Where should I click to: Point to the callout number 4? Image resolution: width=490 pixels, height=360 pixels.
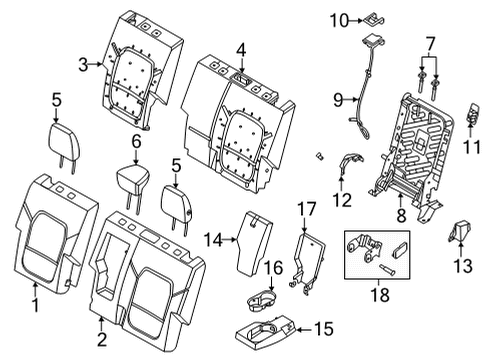click(x=240, y=49)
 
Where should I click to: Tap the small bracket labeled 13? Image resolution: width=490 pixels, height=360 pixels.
click(x=463, y=233)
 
